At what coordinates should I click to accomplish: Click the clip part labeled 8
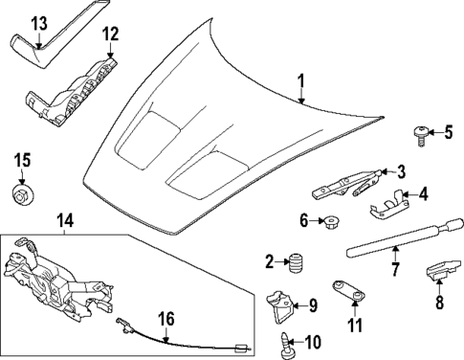point(436,272)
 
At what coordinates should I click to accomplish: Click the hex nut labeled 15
point(21,195)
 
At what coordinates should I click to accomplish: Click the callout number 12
point(111,34)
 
